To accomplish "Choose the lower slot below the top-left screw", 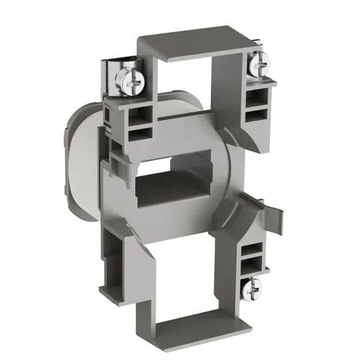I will coord(123,134).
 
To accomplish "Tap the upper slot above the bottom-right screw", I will coord(253,251).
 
